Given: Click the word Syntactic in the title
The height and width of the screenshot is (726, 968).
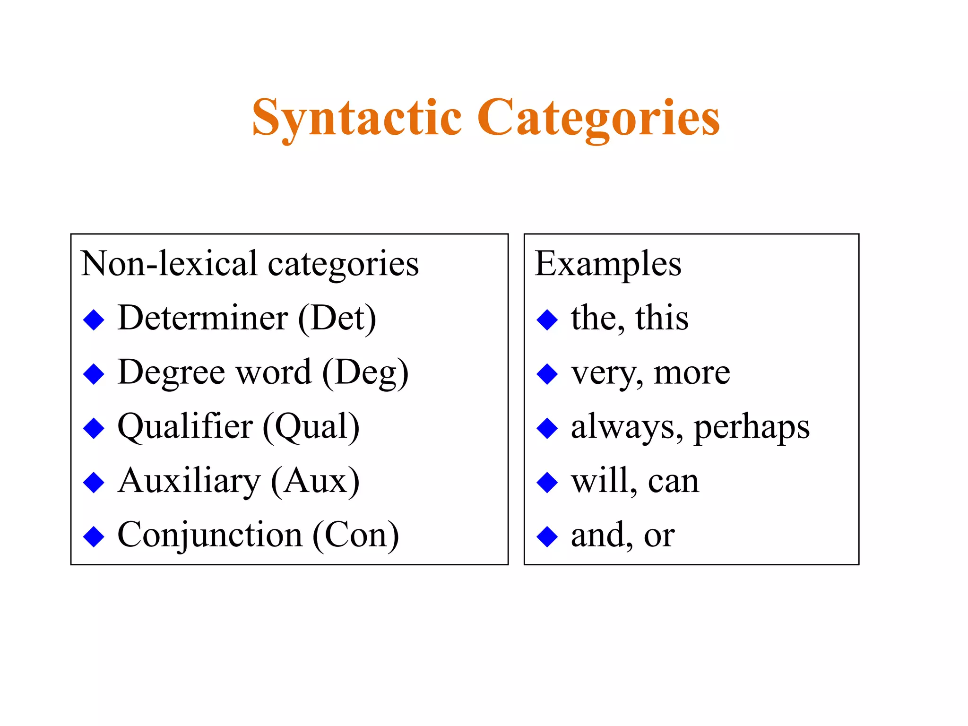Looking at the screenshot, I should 357,118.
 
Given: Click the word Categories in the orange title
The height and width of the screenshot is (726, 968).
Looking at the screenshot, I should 598,118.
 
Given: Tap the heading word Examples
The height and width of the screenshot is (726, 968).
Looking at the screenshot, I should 608,265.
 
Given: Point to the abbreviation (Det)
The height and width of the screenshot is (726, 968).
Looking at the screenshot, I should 337,319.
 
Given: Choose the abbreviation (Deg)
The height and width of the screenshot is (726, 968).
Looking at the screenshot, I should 365,373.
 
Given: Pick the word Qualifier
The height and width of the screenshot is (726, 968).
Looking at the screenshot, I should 185,427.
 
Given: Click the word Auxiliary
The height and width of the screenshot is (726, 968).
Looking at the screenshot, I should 189,482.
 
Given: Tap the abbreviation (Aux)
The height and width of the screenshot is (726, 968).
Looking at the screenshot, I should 315,482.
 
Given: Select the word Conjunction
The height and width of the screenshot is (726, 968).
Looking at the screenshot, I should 210,536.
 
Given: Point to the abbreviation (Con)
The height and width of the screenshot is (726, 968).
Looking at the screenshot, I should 355,536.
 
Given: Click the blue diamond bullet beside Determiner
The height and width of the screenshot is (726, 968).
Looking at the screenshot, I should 94,320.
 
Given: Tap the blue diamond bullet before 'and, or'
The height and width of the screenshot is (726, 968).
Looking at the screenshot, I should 547,537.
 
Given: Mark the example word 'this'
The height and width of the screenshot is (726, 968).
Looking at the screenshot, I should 662,318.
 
